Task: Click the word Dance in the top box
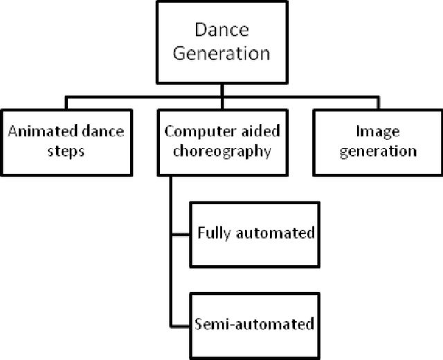[x=221, y=31]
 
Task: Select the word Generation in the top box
[x=221, y=53]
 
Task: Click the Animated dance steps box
[x=66, y=141]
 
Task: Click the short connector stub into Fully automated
[x=181, y=233]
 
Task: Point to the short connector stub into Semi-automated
[x=181, y=323]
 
